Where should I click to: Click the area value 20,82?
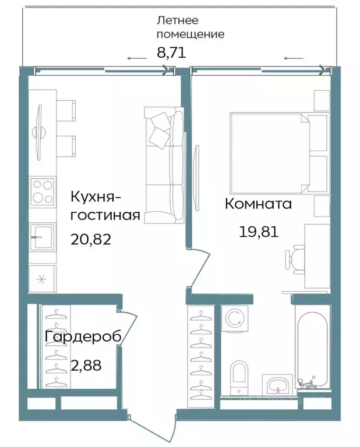tap(90, 239)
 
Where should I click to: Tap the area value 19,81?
tap(259, 232)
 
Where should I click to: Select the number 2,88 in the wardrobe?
tap(85, 366)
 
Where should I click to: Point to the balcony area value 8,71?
tap(171, 53)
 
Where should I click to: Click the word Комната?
tap(258, 204)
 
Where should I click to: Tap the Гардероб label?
tap(83, 338)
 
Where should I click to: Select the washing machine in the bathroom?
tap(236, 319)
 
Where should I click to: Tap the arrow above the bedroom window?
tap(294, 58)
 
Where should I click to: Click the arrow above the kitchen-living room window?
tap(137, 58)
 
